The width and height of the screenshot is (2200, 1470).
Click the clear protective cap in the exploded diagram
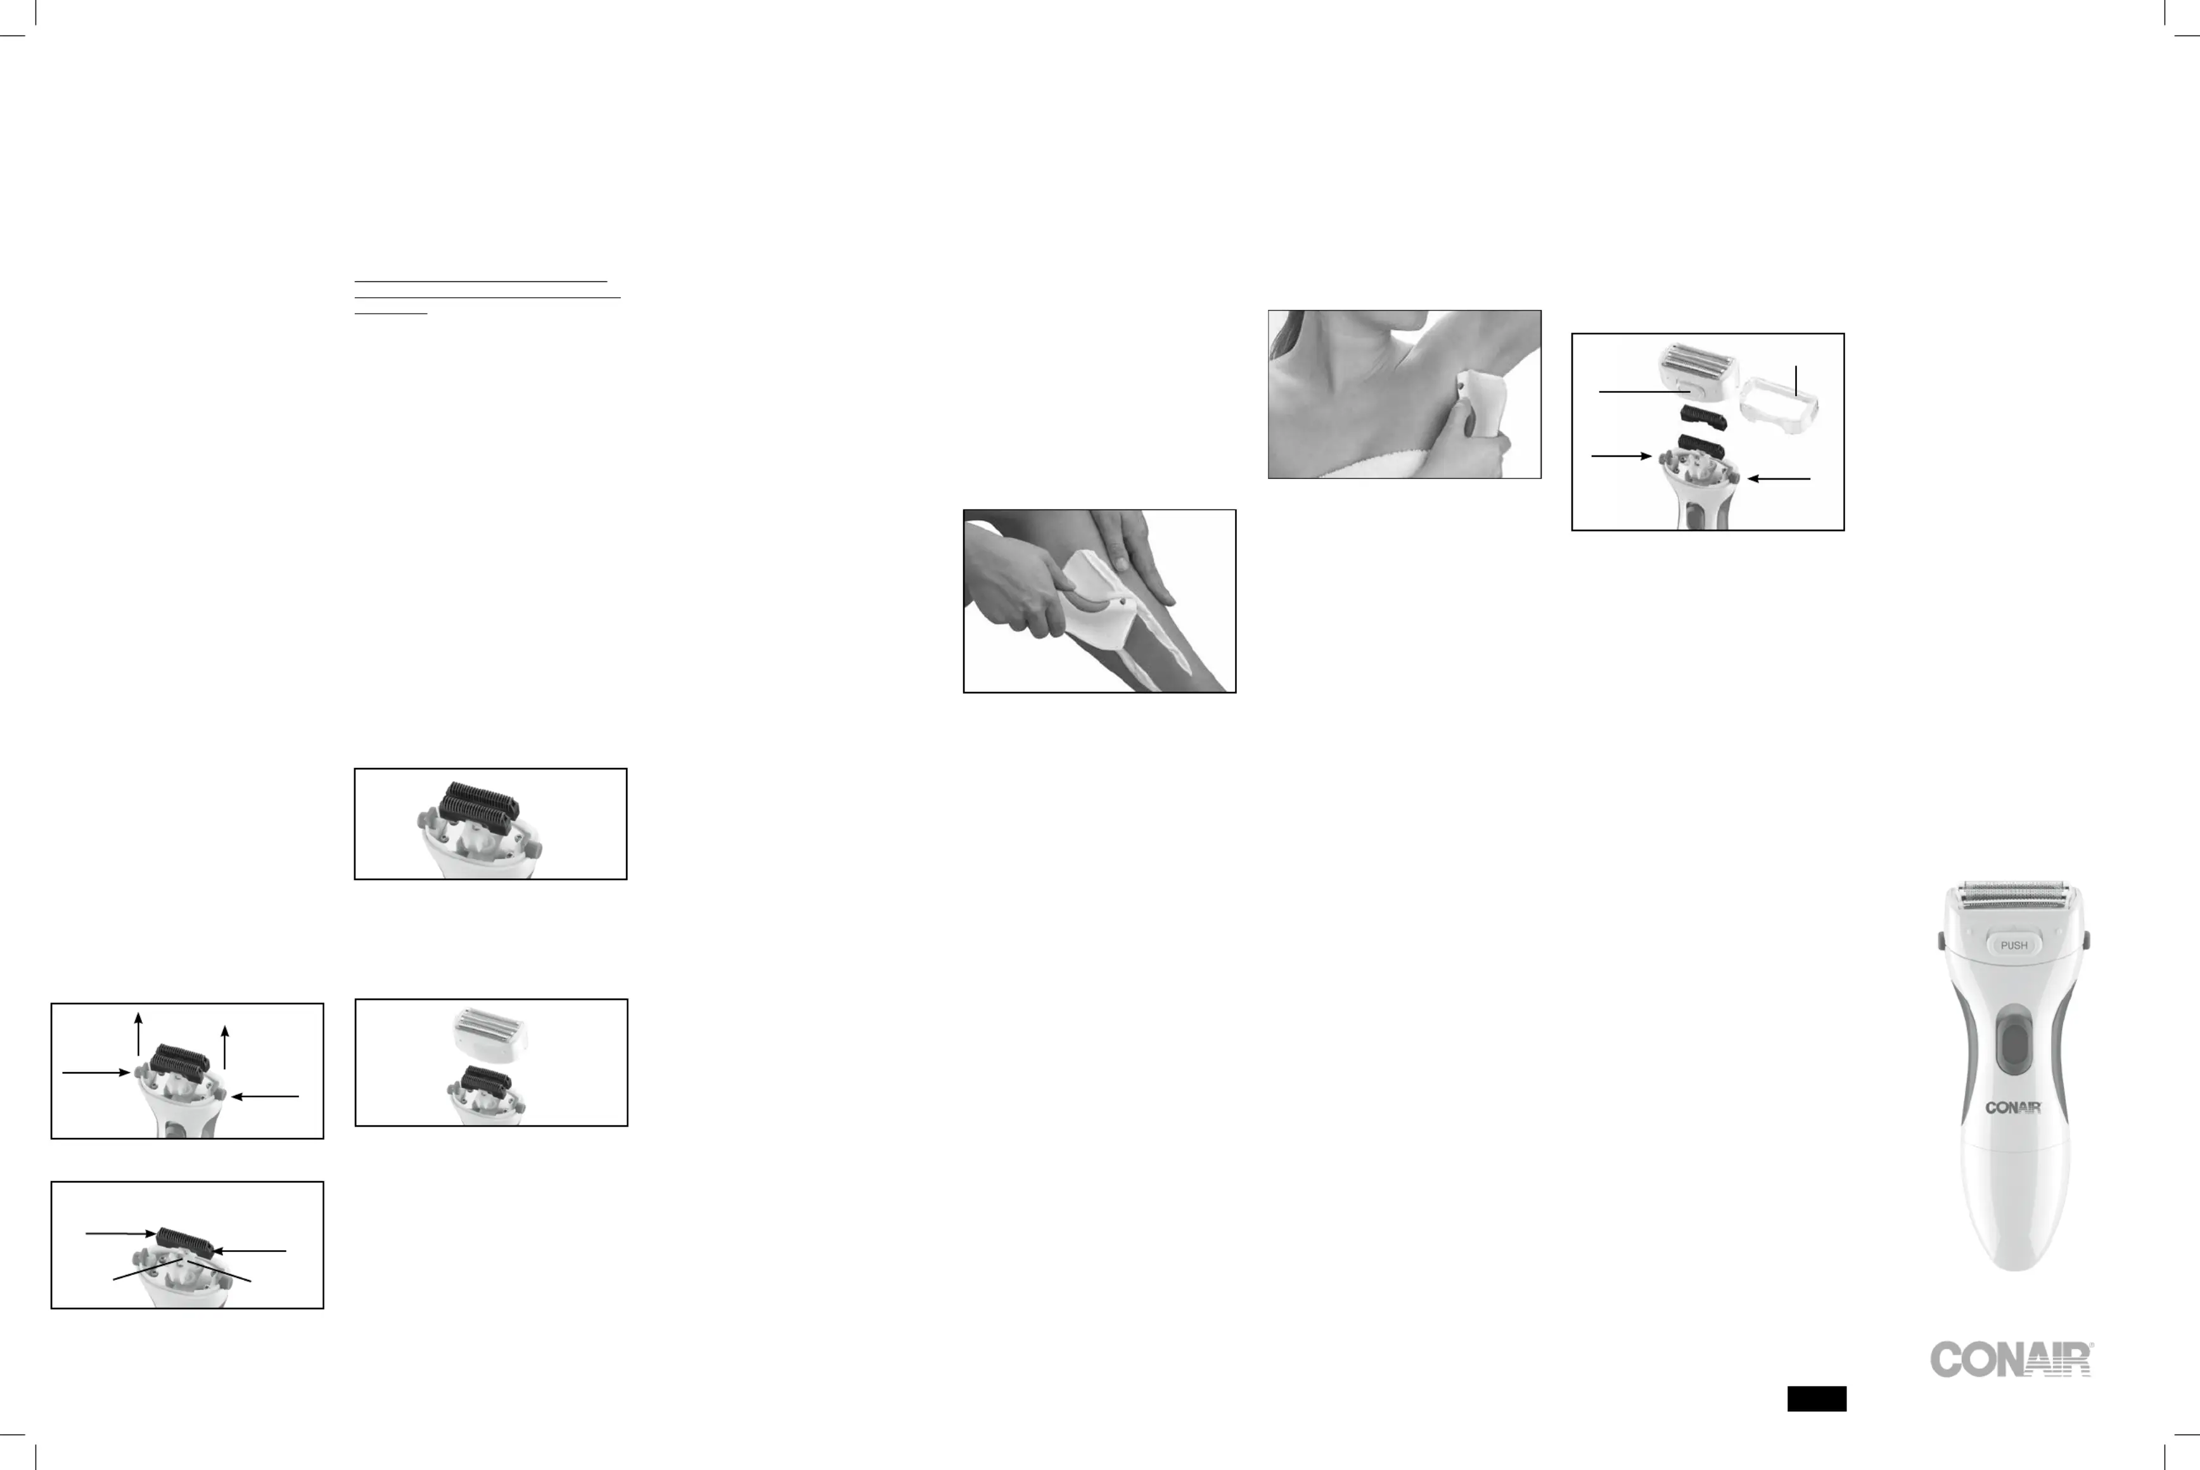click(x=1779, y=404)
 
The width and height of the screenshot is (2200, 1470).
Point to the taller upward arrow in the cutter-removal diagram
click(x=139, y=1034)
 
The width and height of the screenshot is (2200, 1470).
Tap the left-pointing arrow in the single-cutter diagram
click(x=250, y=1251)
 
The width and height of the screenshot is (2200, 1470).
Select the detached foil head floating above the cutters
click(x=489, y=1034)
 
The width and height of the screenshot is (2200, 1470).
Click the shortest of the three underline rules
click(x=391, y=313)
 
